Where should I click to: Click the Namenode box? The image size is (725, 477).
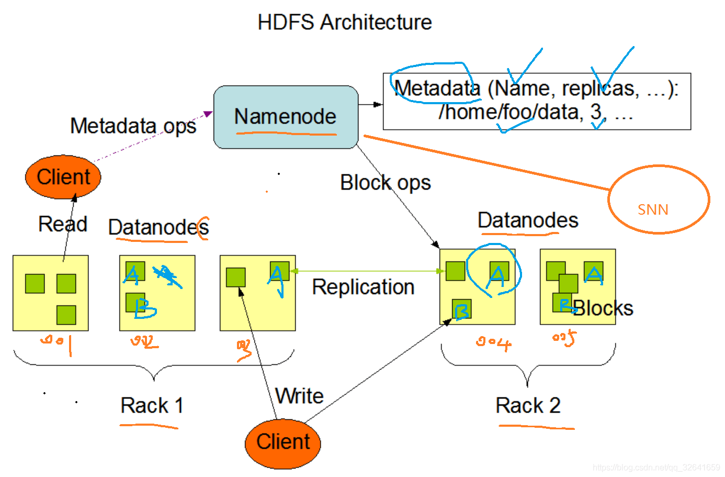pyautogui.click(x=286, y=117)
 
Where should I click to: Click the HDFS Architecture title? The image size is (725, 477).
pyautogui.click(x=345, y=23)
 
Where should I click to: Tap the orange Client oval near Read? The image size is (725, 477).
pyautogui.click(x=63, y=177)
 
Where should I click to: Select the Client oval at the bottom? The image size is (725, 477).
pyautogui.click(x=283, y=442)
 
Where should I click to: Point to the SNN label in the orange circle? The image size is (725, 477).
pyautogui.click(x=653, y=209)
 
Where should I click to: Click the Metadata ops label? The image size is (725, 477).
pyautogui.click(x=133, y=126)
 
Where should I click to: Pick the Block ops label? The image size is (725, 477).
pyautogui.click(x=385, y=183)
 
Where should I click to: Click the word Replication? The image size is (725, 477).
pyautogui.click(x=363, y=287)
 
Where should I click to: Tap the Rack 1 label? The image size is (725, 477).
pyautogui.click(x=152, y=405)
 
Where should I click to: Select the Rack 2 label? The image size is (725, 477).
pyautogui.click(x=528, y=405)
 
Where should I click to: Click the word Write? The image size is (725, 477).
pyautogui.click(x=299, y=396)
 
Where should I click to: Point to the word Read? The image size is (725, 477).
pyautogui.click(x=63, y=224)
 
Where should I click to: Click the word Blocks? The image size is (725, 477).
pyautogui.click(x=603, y=308)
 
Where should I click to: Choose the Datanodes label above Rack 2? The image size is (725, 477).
pyautogui.click(x=528, y=220)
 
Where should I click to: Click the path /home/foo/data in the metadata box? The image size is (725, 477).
pyautogui.click(x=511, y=112)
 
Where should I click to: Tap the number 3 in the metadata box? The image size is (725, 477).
pyautogui.click(x=596, y=112)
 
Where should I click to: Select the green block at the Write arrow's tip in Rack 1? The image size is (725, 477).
pyautogui.click(x=236, y=277)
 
